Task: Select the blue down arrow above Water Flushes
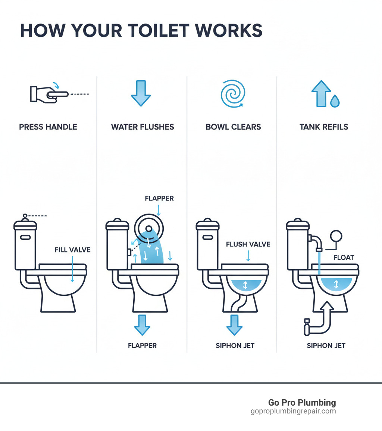141,93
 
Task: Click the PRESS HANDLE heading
48,127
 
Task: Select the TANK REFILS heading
324,127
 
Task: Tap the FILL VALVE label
72,250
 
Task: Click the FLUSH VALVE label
248,245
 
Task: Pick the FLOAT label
344,257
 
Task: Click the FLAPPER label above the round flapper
159,199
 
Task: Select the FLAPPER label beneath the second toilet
142,345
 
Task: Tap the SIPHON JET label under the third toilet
235,345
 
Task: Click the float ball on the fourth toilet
336,236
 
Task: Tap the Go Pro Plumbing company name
302,403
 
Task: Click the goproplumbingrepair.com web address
293,411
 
